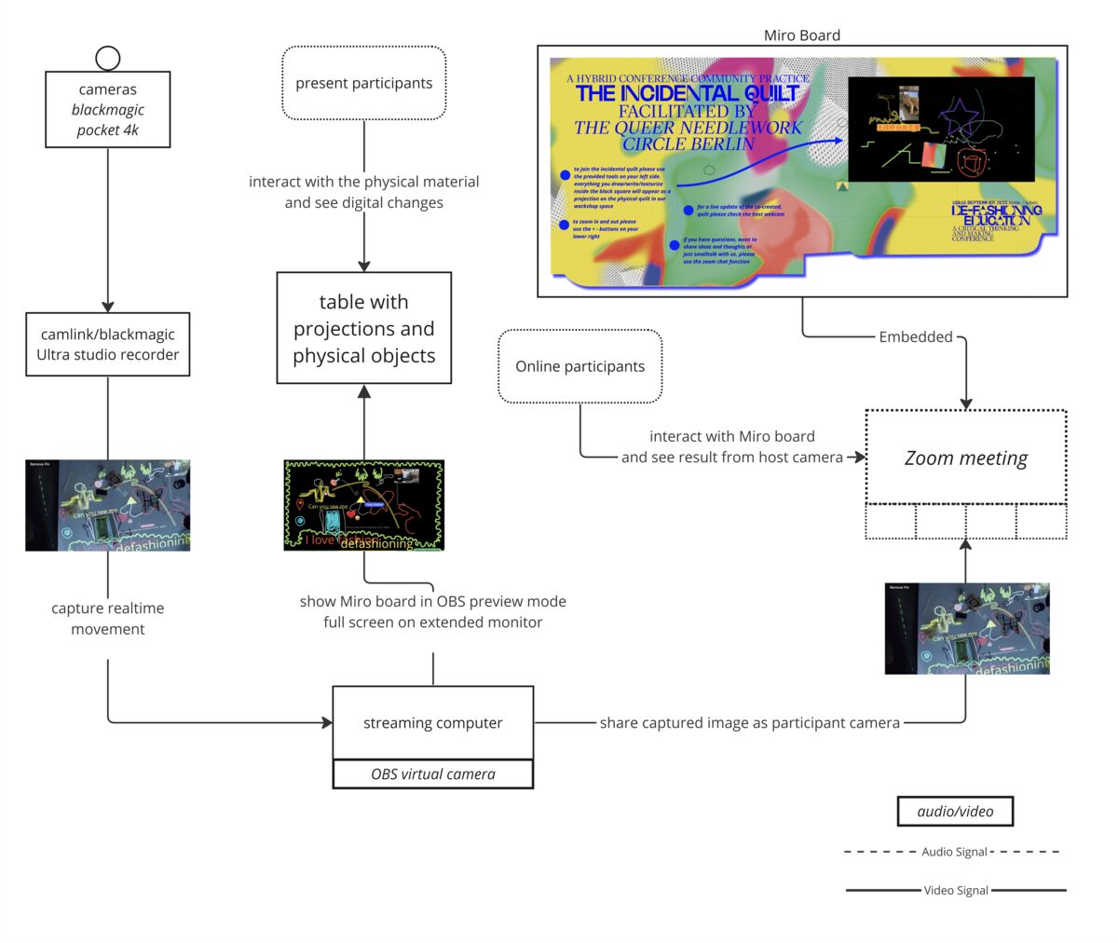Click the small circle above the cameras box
click(x=108, y=58)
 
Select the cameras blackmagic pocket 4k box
click(x=108, y=109)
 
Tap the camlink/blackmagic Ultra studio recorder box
click(x=108, y=344)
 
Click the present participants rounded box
click(x=363, y=83)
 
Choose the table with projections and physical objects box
click(x=364, y=328)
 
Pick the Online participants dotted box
click(x=579, y=366)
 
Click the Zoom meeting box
click(x=966, y=458)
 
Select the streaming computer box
click(x=432, y=723)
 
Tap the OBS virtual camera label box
click(x=432, y=774)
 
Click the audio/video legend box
click(x=955, y=812)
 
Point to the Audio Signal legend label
click(x=954, y=852)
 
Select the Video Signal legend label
click(x=956, y=891)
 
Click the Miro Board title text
click(x=801, y=35)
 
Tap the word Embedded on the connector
click(x=916, y=337)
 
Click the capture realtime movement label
click(x=108, y=619)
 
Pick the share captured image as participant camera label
click(x=749, y=723)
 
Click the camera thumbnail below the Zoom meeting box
click(x=967, y=629)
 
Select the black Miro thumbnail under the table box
click(x=364, y=505)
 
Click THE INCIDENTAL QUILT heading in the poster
click(x=687, y=93)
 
